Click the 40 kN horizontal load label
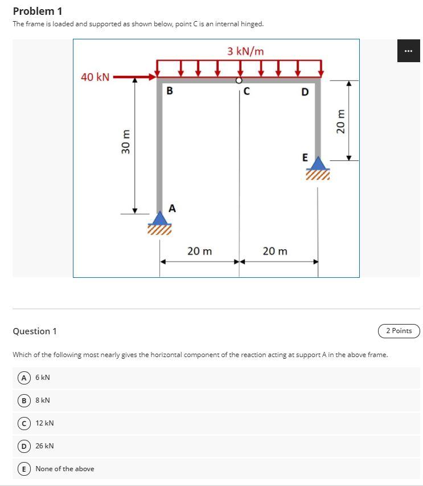pos(95,77)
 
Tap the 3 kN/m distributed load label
pos(245,51)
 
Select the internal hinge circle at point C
pos(239,81)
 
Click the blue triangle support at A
pos(160,218)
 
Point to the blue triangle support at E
pos(318,163)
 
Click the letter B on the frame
pos(170,91)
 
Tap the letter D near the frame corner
pos(305,92)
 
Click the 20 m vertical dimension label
pos(341,121)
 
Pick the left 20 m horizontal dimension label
pos(199,251)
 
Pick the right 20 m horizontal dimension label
pos(275,251)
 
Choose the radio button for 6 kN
pos(24,377)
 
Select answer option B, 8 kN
pos(24,400)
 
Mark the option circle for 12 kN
pos(24,423)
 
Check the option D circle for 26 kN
pos(24,445)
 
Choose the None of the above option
pos(24,468)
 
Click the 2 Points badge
pos(399,331)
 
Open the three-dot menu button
pos(408,51)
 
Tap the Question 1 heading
pos(35,331)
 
